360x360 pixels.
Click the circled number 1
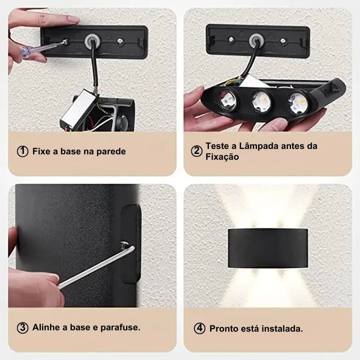pyautogui.click(x=22, y=152)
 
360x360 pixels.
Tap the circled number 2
pyautogui.click(x=197, y=151)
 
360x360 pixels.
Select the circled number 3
pyautogui.click(x=22, y=328)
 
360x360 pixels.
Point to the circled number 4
pyautogui.click(x=199, y=328)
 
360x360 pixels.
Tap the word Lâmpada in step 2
pyautogui.click(x=259, y=146)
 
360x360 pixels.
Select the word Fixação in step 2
pyautogui.click(x=222, y=157)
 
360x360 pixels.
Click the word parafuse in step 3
pyautogui.click(x=120, y=328)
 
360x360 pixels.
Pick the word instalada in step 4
pyautogui.click(x=283, y=329)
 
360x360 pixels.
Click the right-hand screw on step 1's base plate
pyautogui.click(x=120, y=41)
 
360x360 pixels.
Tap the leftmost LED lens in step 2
pyautogui.click(x=227, y=99)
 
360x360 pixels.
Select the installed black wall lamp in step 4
pyautogui.click(x=268, y=248)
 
